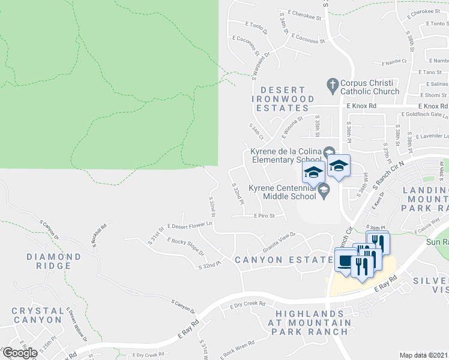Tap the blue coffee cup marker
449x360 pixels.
(x=345, y=262)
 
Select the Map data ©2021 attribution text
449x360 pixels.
(x=424, y=355)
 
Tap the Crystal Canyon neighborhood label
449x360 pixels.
(x=38, y=316)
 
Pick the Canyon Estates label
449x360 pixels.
(x=283, y=260)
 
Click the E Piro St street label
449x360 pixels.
(x=264, y=216)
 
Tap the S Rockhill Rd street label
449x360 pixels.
(x=100, y=233)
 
